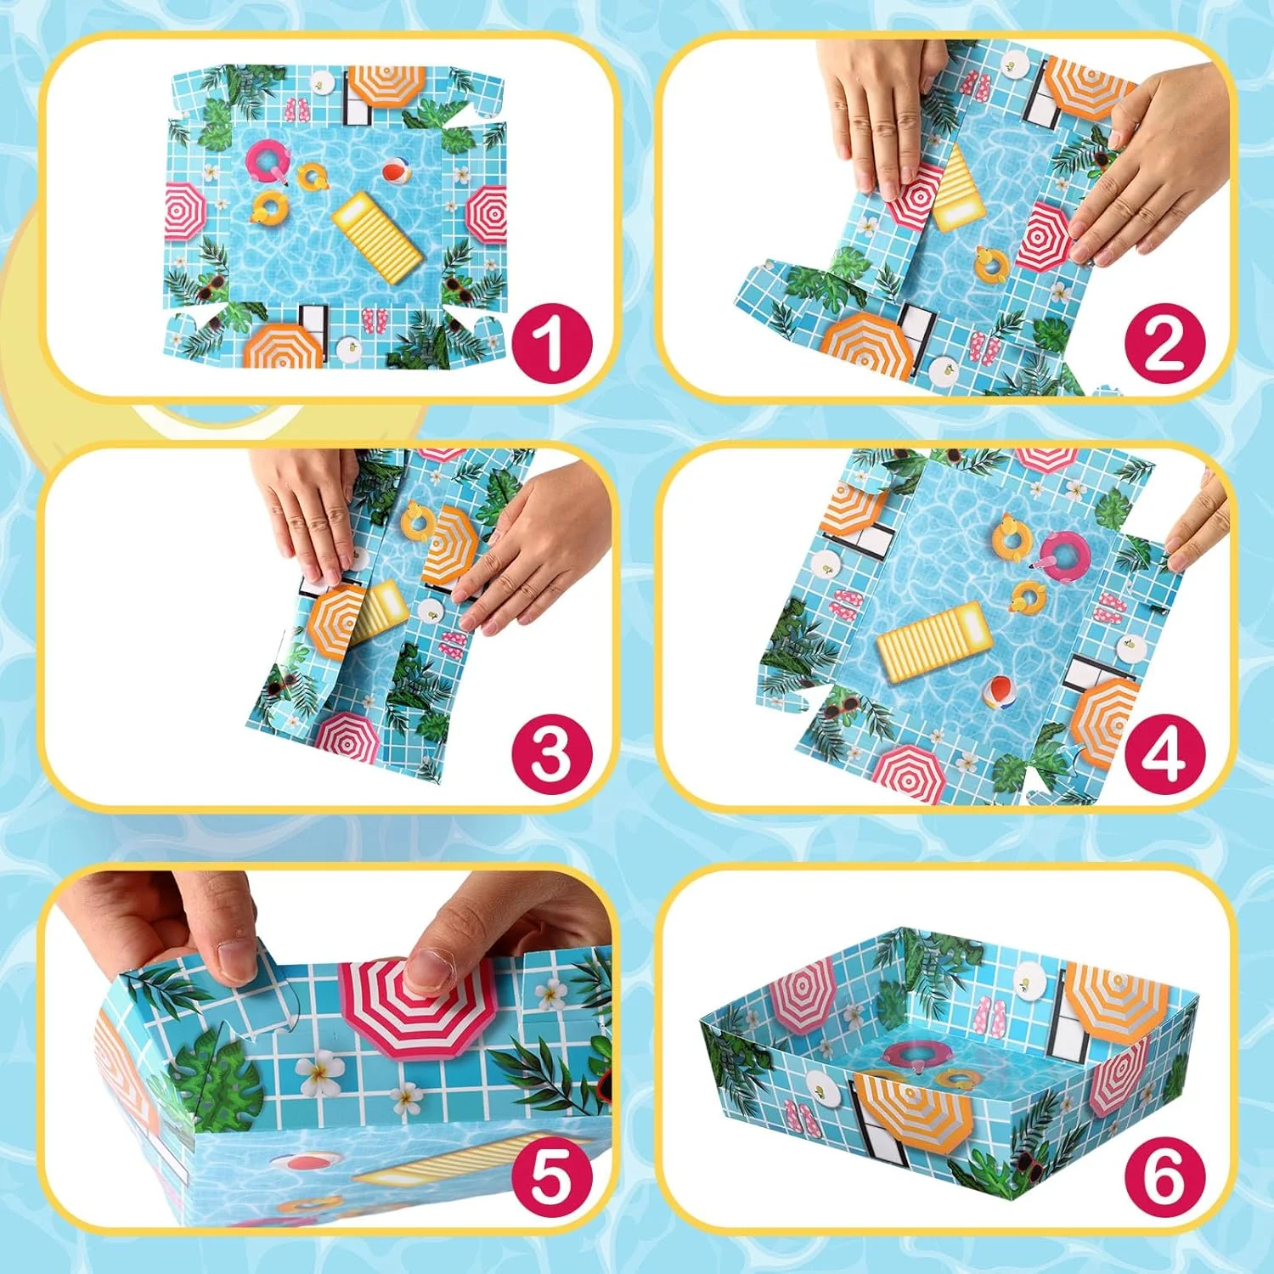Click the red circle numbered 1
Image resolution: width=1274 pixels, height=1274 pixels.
(550, 343)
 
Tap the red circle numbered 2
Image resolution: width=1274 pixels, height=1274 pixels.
(1165, 343)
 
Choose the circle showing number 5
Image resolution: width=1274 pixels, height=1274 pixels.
(550, 1179)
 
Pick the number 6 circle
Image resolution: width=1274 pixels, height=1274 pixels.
(1165, 1179)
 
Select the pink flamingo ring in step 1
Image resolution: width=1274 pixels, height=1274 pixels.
(268, 161)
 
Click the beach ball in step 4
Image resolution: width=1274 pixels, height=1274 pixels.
(1000, 691)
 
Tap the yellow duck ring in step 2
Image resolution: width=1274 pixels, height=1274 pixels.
(990, 264)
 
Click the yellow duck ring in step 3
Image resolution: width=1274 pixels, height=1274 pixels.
(417, 520)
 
